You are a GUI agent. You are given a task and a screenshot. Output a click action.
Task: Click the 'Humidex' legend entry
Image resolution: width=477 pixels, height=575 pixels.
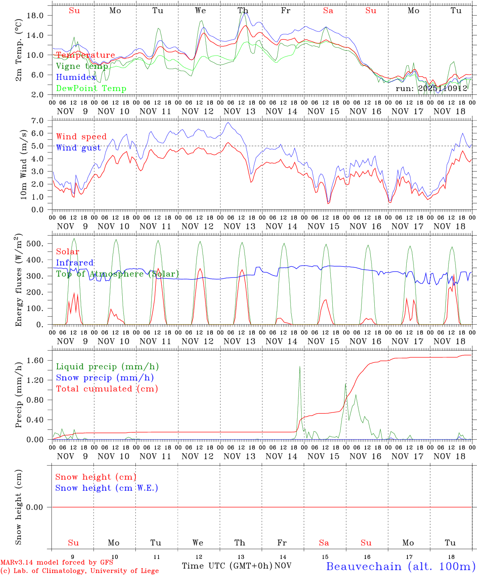coord(76,77)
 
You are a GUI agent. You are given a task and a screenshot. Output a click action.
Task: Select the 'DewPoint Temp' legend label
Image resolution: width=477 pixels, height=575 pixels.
coord(91,89)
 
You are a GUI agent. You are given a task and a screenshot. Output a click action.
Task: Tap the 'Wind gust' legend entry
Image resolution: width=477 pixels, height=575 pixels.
coord(78,148)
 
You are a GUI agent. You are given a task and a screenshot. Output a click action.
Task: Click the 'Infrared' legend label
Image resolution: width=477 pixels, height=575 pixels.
coord(75,263)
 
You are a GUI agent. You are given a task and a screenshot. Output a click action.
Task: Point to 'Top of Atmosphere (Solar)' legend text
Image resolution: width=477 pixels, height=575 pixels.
coord(117,274)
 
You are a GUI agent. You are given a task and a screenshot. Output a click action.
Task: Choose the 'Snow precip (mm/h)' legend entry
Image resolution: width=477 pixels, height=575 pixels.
coord(105,378)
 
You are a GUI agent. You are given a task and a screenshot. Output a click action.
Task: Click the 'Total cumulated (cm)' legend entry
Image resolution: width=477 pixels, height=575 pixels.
coord(107,389)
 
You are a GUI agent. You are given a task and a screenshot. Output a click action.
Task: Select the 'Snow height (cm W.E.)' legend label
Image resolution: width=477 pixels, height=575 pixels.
coord(107,488)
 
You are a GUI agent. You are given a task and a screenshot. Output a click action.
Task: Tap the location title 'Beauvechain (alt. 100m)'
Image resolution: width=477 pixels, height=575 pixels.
coord(400,566)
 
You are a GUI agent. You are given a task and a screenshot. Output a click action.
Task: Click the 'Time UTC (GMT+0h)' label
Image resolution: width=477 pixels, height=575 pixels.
coord(227,566)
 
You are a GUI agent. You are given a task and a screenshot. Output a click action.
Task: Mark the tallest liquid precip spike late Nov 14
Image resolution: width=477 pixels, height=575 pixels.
coord(300,367)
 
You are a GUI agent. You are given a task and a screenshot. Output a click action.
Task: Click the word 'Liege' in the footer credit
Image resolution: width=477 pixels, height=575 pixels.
coord(148,571)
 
